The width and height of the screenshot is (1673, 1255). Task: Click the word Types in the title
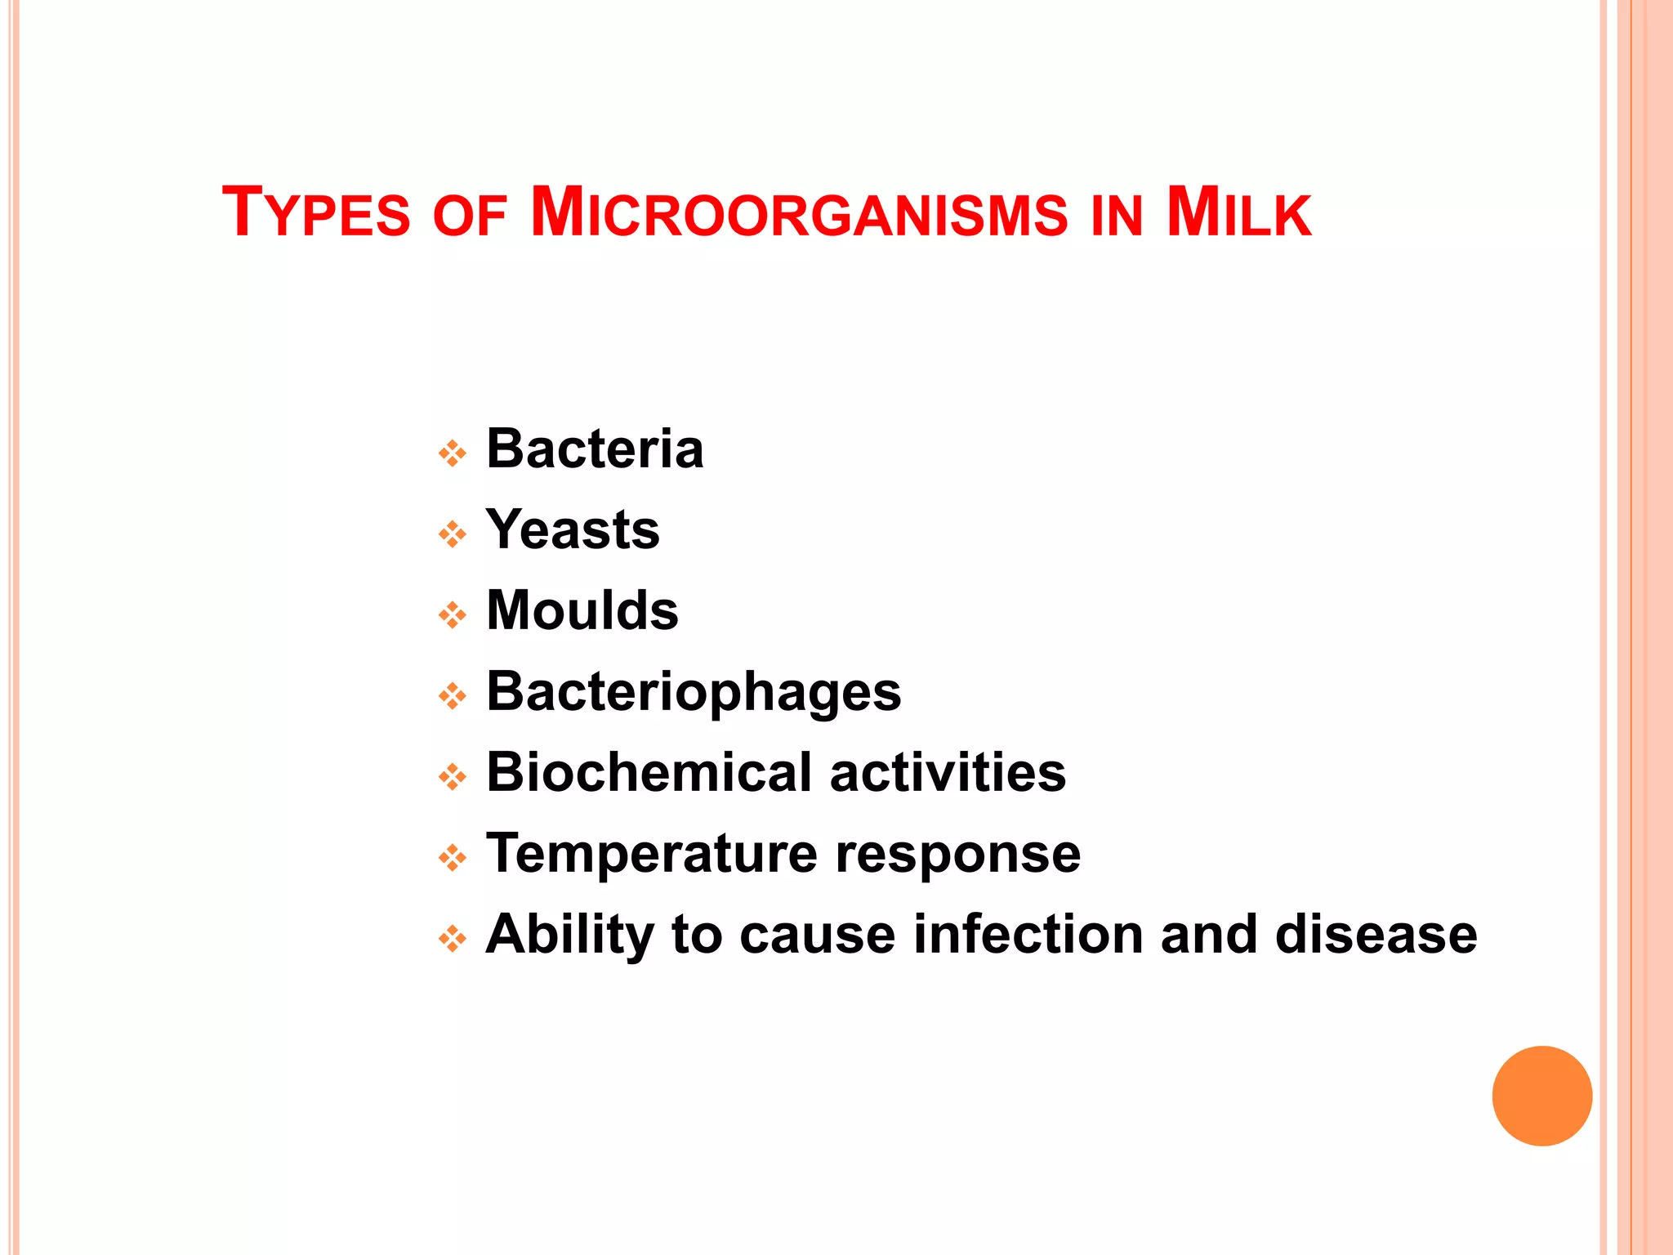coord(316,213)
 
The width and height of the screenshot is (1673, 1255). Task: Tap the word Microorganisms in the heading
coord(798,213)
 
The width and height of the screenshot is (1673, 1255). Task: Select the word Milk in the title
coord(1238,213)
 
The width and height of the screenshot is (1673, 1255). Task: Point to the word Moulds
coord(582,610)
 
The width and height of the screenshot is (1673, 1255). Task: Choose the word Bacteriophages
coord(694,691)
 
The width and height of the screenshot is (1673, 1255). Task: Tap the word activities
coord(948,772)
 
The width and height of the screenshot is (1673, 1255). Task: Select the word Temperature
coord(651,853)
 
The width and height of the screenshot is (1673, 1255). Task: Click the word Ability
coord(569,934)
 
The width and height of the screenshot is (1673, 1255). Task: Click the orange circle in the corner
coord(1541,1096)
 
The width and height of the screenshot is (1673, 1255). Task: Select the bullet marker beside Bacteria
coord(452,453)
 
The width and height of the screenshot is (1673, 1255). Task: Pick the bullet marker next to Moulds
coord(452,614)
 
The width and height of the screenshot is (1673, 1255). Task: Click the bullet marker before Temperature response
coord(452,858)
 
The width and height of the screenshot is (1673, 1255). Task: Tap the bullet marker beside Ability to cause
coord(452,938)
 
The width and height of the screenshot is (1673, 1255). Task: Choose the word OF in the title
coord(470,217)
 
